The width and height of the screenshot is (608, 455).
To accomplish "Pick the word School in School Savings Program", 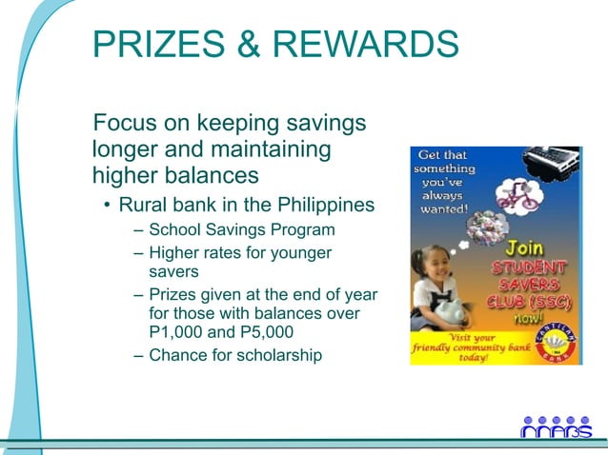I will click(172, 230).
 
